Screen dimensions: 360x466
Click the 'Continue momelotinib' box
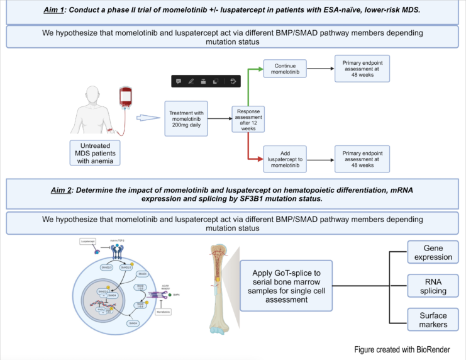tap(285, 69)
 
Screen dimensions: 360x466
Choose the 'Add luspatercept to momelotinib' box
tap(285, 160)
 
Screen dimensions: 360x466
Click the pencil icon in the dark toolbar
tap(191, 81)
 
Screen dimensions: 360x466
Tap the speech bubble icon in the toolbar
tap(179, 81)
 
